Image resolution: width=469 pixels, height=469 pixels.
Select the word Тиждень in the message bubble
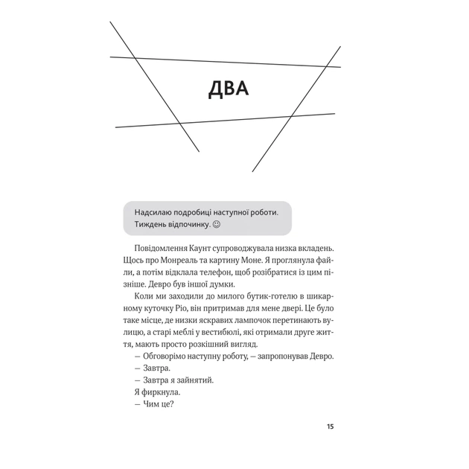pos(150,224)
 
